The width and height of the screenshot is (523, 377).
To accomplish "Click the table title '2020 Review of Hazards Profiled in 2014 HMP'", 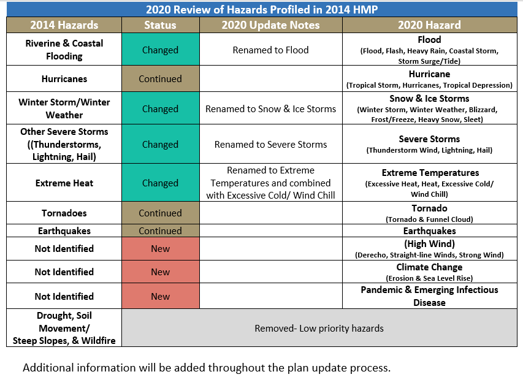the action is click(262, 9).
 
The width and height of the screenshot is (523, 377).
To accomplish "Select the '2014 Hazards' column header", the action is click(64, 25).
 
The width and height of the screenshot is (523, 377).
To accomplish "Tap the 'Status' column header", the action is click(160, 25).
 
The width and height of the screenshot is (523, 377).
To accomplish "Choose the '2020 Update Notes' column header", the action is click(270, 25).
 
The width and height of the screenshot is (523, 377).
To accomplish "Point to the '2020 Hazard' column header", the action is click(429, 25).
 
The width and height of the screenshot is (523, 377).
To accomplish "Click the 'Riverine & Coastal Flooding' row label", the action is click(64, 49).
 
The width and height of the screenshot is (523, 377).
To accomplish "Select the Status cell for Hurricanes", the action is click(161, 78).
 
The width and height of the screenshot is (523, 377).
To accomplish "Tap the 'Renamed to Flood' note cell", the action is click(270, 50).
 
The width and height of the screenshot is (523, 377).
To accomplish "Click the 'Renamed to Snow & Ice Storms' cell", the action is click(270, 109).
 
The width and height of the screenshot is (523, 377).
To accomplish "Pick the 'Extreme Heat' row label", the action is click(64, 183).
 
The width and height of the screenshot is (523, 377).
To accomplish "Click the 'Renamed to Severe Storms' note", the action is click(270, 144).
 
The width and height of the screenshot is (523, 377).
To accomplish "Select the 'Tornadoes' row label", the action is click(64, 213).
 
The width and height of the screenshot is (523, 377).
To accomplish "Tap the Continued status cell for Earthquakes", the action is click(161, 230).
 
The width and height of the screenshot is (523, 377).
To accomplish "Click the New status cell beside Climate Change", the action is click(161, 272).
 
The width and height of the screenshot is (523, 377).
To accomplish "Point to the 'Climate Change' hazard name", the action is click(429, 267).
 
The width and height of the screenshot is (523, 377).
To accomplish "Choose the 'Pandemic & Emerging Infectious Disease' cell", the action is click(429, 296).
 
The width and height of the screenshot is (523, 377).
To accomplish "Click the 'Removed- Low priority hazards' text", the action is click(319, 329).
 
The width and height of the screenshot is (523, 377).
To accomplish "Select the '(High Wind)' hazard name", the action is click(429, 244).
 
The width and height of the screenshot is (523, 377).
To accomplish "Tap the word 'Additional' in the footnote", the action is click(48, 368).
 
